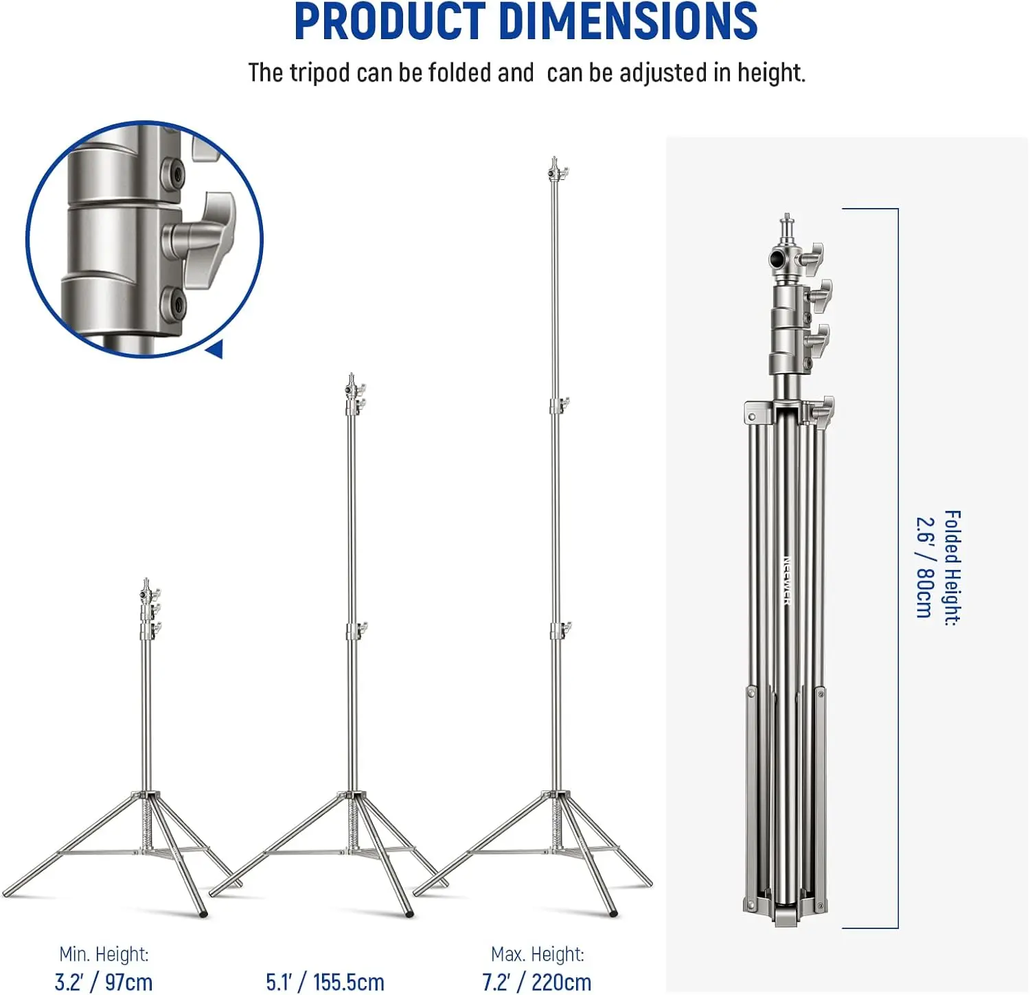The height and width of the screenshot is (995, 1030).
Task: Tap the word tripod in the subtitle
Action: [320, 73]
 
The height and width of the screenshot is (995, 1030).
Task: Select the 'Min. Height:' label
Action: [104, 954]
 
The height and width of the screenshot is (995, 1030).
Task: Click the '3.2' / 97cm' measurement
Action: [104, 982]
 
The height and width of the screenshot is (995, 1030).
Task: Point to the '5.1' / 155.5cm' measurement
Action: [325, 982]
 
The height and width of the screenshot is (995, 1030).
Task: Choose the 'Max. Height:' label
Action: [538, 954]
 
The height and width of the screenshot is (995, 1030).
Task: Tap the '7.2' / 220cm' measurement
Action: [536, 982]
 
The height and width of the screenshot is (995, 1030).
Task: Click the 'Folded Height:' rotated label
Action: [952, 568]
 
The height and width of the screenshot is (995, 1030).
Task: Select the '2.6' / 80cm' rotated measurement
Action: [925, 567]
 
